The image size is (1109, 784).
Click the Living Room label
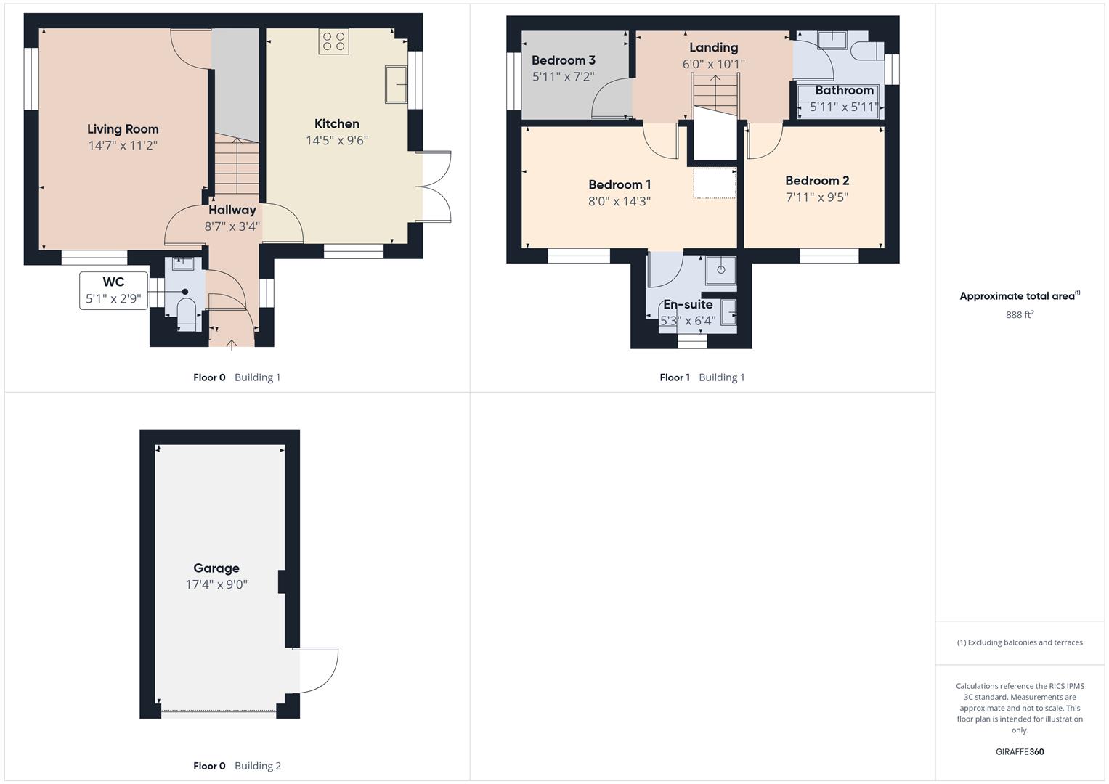[x=123, y=129]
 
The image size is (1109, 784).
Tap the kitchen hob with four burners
[x=333, y=41]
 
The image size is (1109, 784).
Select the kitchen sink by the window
[x=397, y=84]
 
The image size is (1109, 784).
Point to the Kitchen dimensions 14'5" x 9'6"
[x=337, y=140]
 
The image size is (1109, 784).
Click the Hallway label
[x=232, y=210]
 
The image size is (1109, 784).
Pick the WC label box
[x=113, y=290]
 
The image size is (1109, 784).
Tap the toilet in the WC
[x=187, y=312]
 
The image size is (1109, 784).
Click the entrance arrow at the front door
[x=232, y=344]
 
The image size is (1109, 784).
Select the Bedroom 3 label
[x=564, y=60]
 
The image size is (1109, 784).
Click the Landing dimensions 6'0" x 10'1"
[x=713, y=64]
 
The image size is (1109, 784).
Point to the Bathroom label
[x=844, y=91]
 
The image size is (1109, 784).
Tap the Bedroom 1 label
[x=620, y=184]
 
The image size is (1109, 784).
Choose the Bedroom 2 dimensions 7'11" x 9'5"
[x=817, y=197]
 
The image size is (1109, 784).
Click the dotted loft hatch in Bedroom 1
[x=715, y=183]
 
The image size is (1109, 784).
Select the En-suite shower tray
[x=720, y=269]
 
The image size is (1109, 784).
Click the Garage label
[x=216, y=568]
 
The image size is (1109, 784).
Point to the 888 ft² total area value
[x=1020, y=315]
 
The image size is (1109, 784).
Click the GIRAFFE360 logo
[x=1020, y=752]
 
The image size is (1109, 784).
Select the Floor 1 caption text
[x=675, y=377]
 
